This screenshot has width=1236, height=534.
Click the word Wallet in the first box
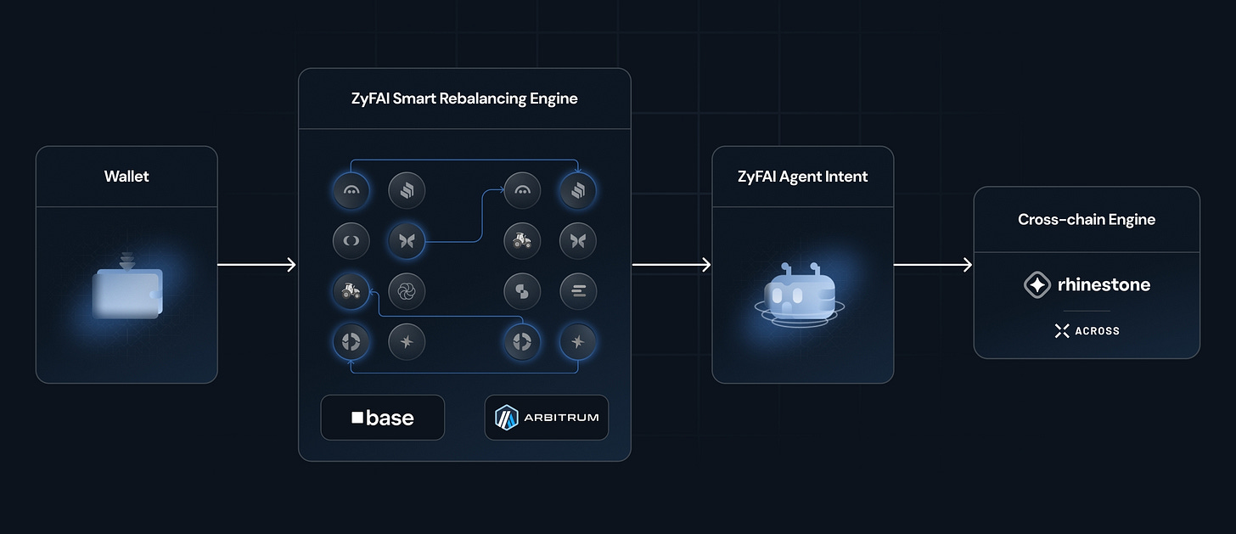pyautogui.click(x=126, y=177)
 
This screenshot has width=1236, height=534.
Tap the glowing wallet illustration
pyautogui.click(x=126, y=292)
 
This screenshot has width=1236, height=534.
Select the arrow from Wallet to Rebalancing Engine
pyautogui.click(x=256, y=265)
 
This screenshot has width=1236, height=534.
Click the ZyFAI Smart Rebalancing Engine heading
pyautogui.click(x=464, y=98)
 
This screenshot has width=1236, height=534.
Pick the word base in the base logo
pyautogui.click(x=390, y=418)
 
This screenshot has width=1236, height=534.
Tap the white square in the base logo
pyautogui.click(x=357, y=418)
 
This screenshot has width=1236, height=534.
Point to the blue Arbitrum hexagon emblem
pyautogui.click(x=508, y=418)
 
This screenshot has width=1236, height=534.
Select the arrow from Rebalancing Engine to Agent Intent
pyautogui.click(x=671, y=265)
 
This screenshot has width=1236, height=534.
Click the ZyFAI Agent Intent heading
pyautogui.click(x=802, y=177)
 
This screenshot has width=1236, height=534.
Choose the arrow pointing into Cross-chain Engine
pyautogui.click(x=933, y=265)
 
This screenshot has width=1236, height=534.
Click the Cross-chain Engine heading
pyautogui.click(x=1087, y=219)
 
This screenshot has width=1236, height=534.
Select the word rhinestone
pyautogui.click(x=1104, y=285)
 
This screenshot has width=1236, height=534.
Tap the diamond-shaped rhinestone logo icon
pyautogui.click(x=1037, y=285)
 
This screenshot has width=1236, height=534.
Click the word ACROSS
pyautogui.click(x=1097, y=331)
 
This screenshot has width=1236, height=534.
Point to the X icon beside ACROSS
pyautogui.click(x=1061, y=331)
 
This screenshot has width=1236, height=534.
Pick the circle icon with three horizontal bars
pyautogui.click(x=578, y=292)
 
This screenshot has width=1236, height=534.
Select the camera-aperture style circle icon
pyautogui.click(x=406, y=292)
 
